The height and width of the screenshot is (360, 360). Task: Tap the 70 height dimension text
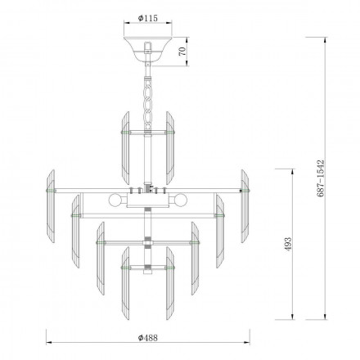[x=184, y=51]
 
